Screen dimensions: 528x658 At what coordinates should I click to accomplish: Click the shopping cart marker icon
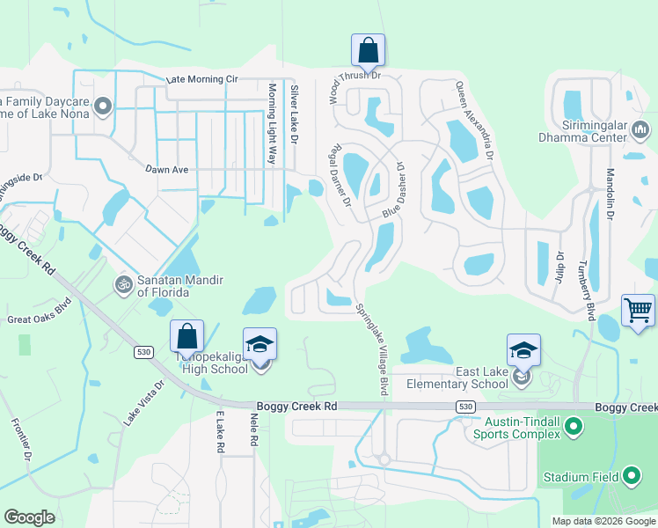pyautogui.click(x=638, y=311)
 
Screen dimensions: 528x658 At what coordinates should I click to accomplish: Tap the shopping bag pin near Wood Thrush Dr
pyautogui.click(x=368, y=49)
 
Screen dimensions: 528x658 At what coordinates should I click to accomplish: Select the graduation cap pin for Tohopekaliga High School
pyautogui.click(x=260, y=344)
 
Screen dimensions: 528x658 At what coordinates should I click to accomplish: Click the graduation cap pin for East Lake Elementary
pyautogui.click(x=523, y=351)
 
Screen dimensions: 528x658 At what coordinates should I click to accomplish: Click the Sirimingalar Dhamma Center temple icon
pyautogui.click(x=640, y=131)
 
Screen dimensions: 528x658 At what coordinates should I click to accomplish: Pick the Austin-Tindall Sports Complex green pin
pyautogui.click(x=574, y=429)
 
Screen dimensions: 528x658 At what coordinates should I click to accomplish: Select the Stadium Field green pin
pyautogui.click(x=631, y=478)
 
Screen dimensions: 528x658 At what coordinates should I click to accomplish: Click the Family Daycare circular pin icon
pyautogui.click(x=103, y=108)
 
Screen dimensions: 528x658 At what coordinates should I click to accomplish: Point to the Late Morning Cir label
pyautogui.click(x=202, y=79)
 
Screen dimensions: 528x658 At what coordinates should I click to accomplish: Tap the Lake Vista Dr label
pyautogui.click(x=143, y=403)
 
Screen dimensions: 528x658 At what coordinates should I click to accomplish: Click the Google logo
pyautogui.click(x=30, y=517)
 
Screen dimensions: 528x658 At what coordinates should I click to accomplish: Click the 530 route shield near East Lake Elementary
pyautogui.click(x=466, y=407)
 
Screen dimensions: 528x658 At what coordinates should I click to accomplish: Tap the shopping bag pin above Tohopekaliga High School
pyautogui.click(x=186, y=336)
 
